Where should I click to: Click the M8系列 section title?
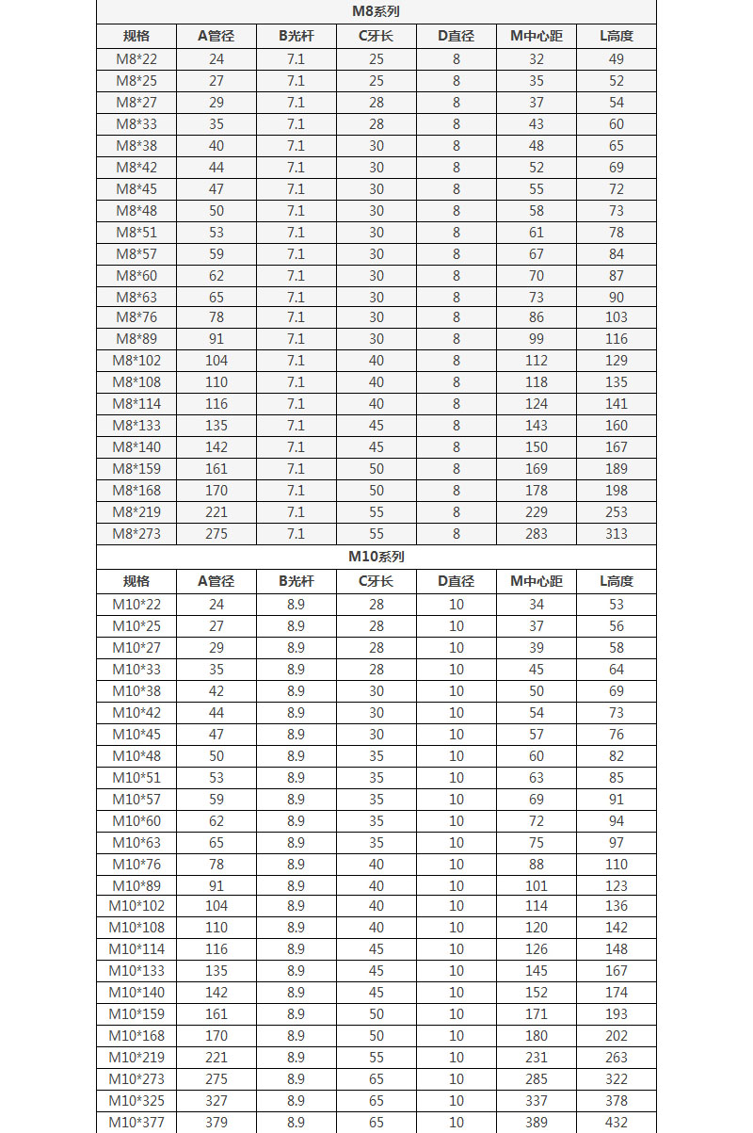tap(376, 11)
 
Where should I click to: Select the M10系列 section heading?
tap(376, 557)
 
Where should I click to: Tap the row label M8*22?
tap(136, 59)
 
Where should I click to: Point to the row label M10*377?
tap(136, 1123)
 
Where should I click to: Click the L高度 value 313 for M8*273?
tap(617, 534)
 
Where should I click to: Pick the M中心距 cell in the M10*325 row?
tap(537, 1101)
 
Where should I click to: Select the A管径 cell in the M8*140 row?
tap(216, 447)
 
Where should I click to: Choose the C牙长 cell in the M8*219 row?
tap(376, 512)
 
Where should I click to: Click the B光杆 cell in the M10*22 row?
tap(296, 605)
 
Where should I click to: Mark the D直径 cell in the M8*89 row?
tap(457, 339)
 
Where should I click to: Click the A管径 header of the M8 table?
tap(216, 37)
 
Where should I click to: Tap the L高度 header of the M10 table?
tap(617, 581)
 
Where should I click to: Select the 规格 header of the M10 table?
tap(136, 581)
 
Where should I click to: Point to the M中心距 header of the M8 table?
tap(537, 37)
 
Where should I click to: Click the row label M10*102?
tap(136, 906)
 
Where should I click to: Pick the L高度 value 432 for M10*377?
tap(617, 1123)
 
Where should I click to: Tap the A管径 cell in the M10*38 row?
tap(216, 691)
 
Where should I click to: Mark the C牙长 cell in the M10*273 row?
tap(376, 1079)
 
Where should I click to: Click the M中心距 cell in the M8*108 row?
tap(537, 382)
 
